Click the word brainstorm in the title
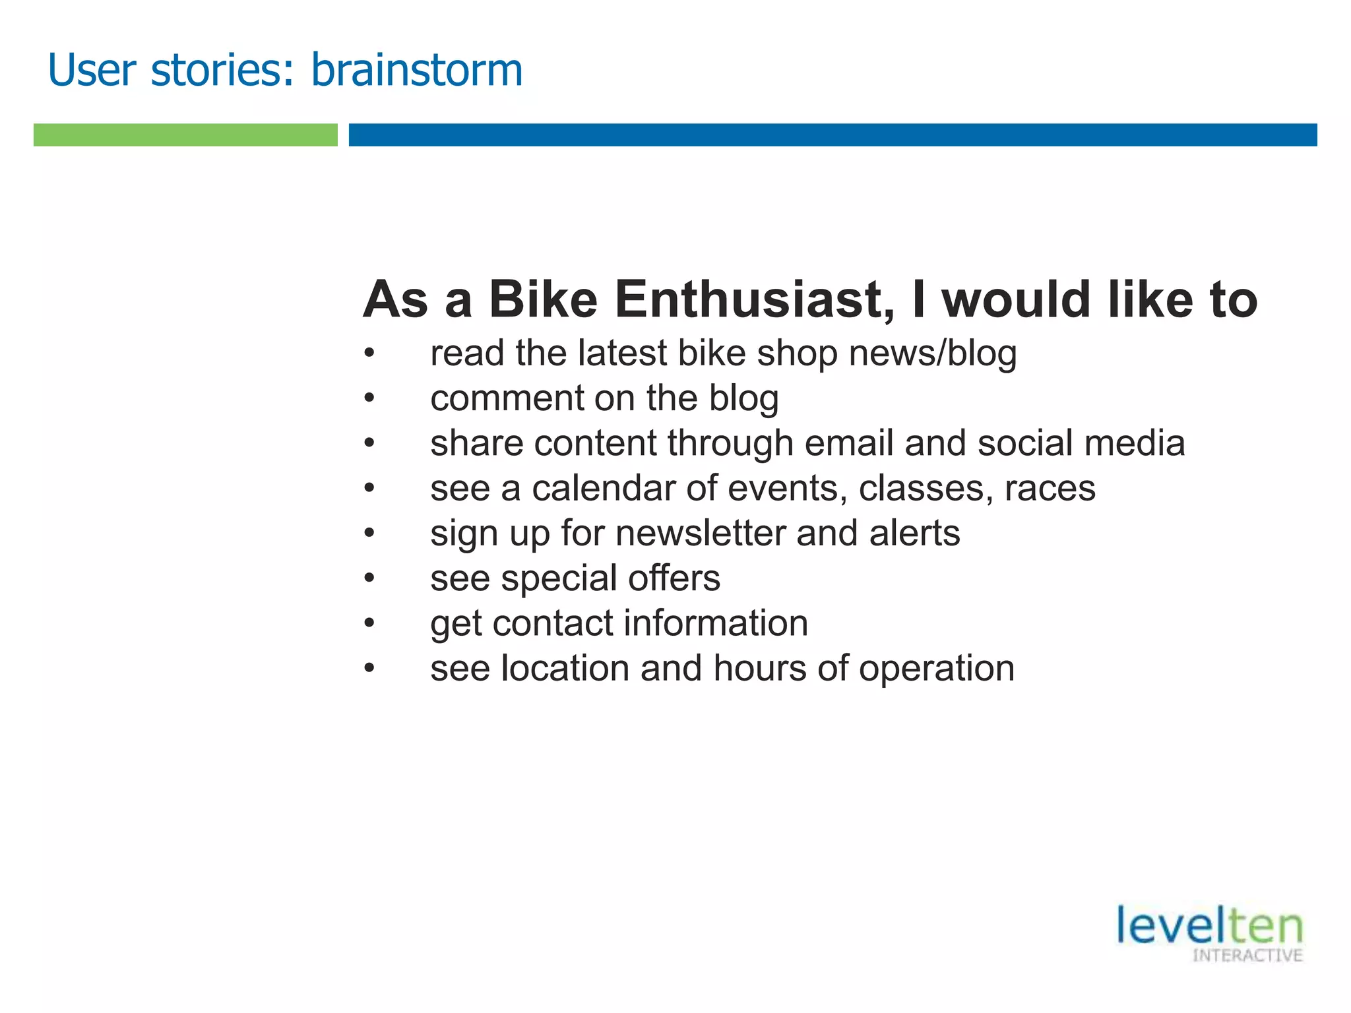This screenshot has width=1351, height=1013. (416, 70)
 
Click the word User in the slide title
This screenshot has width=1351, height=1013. (92, 70)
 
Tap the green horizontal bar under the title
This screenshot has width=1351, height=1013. (185, 135)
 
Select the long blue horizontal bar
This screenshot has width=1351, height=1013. (833, 135)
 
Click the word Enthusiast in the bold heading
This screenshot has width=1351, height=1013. (755, 300)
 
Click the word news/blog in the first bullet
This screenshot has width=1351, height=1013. (933, 353)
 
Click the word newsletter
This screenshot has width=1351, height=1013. (700, 534)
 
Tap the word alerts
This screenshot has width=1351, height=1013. (914, 534)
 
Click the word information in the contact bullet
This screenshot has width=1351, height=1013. (716, 623)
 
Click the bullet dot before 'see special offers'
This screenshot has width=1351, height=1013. (369, 579)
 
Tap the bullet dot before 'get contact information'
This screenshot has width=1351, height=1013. (369, 624)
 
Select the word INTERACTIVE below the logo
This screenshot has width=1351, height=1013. (1247, 956)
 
